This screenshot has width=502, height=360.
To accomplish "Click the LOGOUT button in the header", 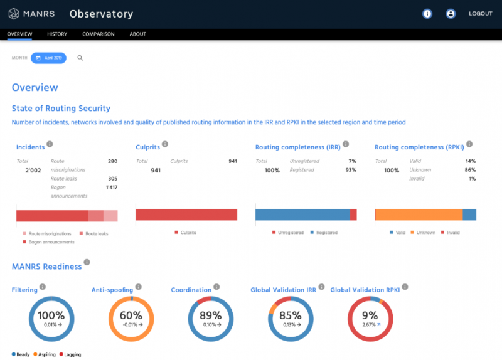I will coord(480,14).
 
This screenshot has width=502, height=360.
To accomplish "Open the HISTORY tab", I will coord(57,34).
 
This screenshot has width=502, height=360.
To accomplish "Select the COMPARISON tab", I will coord(98,34).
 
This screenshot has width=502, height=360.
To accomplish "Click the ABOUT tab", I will coord(138,34).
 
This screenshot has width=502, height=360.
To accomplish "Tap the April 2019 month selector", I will coord(48,58).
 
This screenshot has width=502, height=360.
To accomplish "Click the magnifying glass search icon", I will coord(80,58).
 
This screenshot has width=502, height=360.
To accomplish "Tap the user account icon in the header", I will coord(451,14).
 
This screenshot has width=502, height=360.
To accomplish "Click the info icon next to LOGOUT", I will coord(427,14).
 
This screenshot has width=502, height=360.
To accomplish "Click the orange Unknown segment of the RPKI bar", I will coord(419,214).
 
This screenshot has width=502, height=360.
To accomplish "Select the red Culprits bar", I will coord(186,214).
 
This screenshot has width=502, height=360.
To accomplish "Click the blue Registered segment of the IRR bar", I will coord(302,214).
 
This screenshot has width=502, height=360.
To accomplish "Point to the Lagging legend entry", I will coord(71,355).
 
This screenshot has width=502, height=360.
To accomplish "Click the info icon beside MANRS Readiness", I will coord(87,263).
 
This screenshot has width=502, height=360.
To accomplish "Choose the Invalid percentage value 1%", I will coord(471,179).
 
